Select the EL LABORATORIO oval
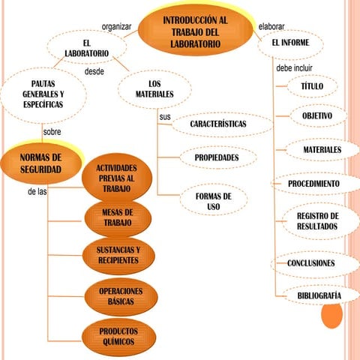click(87, 47)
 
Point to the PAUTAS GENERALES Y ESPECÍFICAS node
click(43, 95)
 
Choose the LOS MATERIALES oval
click(154, 89)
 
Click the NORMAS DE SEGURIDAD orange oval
click(40, 163)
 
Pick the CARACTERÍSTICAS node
click(222, 124)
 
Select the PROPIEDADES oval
click(218, 157)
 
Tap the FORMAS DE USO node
click(214, 201)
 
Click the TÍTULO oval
click(312, 86)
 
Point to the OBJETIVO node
click(318, 115)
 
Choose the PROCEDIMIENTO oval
click(316, 184)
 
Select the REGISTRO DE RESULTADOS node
click(320, 221)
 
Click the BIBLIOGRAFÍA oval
click(321, 295)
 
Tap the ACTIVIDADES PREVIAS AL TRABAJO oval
click(117, 178)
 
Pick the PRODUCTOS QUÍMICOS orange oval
click(118, 337)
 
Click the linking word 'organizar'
click(116, 27)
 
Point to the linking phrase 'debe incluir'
click(294, 68)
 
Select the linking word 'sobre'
click(52, 132)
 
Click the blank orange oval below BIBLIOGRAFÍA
click(331, 316)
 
